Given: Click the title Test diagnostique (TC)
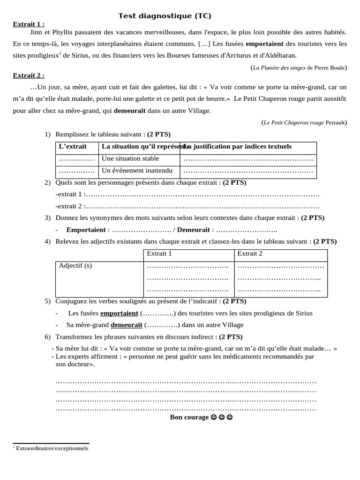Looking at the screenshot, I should (x=165, y=16).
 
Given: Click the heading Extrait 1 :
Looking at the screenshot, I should (x=28, y=24).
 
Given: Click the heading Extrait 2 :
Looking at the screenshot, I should (x=28, y=75).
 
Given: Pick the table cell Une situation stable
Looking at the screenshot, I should (x=130, y=159).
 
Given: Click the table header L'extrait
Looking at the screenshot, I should (x=73, y=147).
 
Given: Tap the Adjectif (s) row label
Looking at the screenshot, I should (x=75, y=266).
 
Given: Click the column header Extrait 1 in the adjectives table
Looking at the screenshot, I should (x=159, y=254).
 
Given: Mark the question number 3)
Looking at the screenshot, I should (x=48, y=218).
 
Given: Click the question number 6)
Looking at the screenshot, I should (x=48, y=337).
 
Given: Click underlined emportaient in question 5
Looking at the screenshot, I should (x=119, y=313).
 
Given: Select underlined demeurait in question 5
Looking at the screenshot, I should (x=126, y=325).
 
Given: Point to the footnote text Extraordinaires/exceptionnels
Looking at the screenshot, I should (x=52, y=449).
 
